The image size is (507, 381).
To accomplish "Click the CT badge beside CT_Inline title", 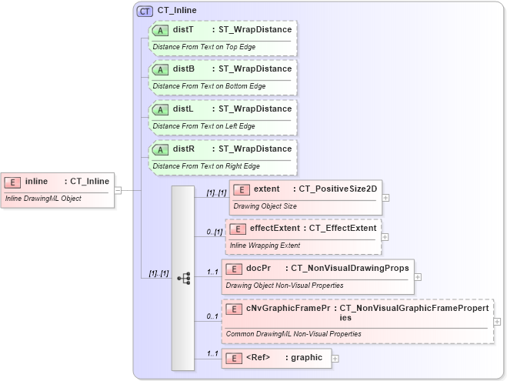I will pos(145,11).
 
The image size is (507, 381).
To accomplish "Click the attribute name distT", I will pos(183,29).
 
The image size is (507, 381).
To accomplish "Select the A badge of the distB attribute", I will pos(160,69).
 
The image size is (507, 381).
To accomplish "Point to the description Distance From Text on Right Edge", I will pos(206,166).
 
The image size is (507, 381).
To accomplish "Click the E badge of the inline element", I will pos(12,182).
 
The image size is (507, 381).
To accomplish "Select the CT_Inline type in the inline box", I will pos(89,182).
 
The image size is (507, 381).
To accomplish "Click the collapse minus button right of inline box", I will pos(118,190).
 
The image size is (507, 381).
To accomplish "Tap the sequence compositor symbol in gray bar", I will pos(183,278).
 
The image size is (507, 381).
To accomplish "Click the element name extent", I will pos(266,189).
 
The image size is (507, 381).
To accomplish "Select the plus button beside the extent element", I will pos(385,197).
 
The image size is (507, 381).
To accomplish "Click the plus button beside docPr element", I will pos(419,277).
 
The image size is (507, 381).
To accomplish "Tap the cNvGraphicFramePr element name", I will pos(289,308).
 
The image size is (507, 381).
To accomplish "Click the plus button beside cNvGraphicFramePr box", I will pos(497,321).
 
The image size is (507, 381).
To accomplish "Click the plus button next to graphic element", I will pos(335,358).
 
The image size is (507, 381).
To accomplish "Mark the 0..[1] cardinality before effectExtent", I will pos(214,232).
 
